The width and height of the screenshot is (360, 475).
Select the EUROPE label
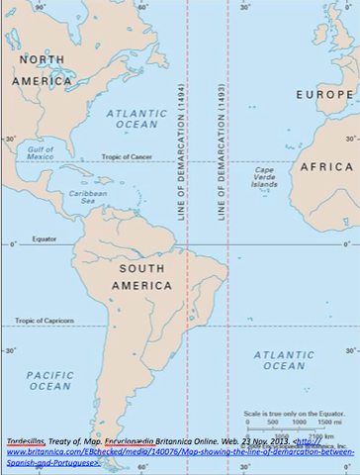pos(325,95)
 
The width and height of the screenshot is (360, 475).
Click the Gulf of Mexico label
pos(41,152)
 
